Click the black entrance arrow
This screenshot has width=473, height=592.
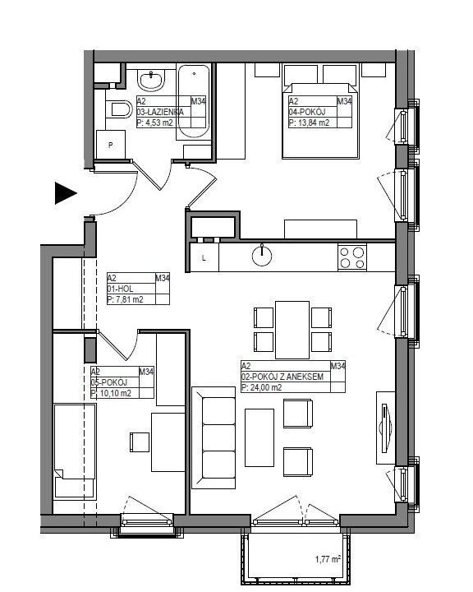[66, 193]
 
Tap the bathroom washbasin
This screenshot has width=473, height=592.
[152, 80]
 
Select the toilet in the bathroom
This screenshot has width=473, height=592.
[119, 109]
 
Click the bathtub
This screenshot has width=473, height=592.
[194, 102]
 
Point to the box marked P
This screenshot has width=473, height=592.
[111, 145]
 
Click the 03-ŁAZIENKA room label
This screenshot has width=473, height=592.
[160, 112]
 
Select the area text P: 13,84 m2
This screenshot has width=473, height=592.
[309, 123]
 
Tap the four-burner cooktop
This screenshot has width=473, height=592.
[352, 257]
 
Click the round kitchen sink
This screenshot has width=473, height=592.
[262, 256]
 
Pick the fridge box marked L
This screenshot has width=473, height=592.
[204, 257]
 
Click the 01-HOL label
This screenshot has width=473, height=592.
[120, 289]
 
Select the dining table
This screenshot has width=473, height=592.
[292, 330]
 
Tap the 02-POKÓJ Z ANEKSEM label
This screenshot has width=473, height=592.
[282, 377]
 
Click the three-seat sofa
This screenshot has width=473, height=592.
[214, 437]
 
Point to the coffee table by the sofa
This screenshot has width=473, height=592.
[259, 437]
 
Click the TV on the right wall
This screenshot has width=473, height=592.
[385, 428]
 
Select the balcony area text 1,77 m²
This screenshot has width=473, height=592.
[328, 559]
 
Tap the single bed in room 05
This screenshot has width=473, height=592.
[75, 451]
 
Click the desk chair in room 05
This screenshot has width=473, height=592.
[140, 442]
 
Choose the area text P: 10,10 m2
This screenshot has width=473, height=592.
[111, 393]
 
